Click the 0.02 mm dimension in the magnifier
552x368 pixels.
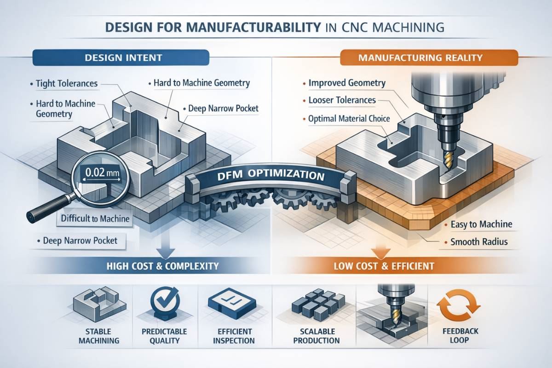coord(102,172)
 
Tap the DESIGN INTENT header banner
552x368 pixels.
coord(121,57)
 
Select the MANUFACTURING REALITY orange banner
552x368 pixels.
coord(429,57)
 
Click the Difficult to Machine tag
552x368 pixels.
coord(95,218)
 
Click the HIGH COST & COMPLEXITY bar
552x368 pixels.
coord(163,266)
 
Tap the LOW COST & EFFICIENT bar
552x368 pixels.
coord(384,266)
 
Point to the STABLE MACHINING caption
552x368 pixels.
coord(99,336)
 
